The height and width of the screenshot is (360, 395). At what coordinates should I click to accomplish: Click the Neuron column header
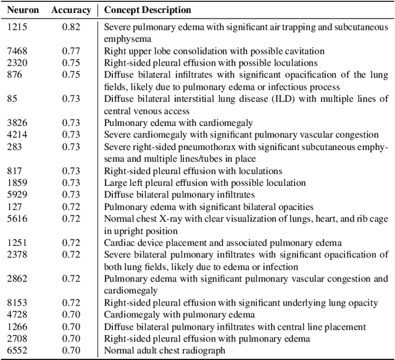point(23,10)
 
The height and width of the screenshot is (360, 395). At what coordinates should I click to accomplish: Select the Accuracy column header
point(71,10)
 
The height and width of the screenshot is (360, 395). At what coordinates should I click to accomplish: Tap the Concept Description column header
point(148,10)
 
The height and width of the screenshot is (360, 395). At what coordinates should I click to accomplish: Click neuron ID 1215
point(17,27)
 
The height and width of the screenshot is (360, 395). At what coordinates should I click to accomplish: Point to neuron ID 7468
point(17,51)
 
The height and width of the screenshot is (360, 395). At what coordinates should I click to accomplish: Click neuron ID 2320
point(17,63)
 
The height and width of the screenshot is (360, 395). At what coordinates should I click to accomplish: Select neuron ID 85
point(12,99)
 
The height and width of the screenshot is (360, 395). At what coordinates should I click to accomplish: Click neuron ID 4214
point(17,135)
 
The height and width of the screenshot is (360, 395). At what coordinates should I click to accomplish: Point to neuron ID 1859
point(17,183)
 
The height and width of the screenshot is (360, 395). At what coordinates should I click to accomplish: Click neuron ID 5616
point(17,219)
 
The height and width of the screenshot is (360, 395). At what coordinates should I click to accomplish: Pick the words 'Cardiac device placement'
point(153,243)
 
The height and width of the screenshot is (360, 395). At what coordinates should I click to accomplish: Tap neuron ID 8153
point(17,303)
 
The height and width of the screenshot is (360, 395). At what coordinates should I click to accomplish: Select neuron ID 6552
point(17,350)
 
